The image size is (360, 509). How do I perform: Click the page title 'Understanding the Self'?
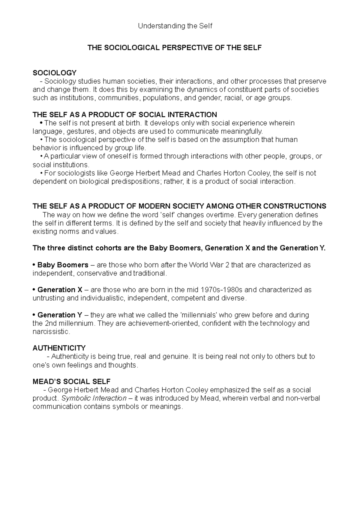click(x=175, y=26)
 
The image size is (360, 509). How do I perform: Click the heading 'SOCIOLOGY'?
click(x=54, y=73)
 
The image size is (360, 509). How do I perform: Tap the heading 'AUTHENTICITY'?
click(x=59, y=348)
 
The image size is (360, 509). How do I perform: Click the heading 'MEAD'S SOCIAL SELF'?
click(x=71, y=382)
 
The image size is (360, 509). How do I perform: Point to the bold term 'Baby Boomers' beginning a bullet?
click(x=63, y=265)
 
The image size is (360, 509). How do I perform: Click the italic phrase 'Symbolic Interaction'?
click(x=94, y=398)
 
